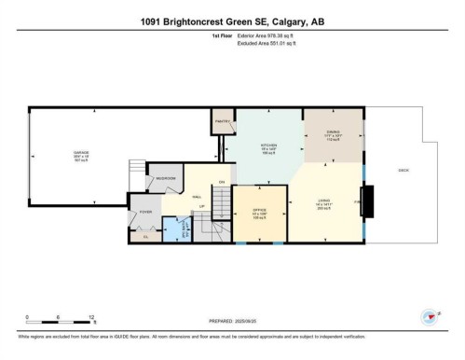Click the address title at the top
coord(232,21)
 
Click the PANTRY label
coord(223,122)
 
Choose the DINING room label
coord(333,135)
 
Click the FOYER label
coord(145,213)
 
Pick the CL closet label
coord(145,237)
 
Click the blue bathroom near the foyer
coord(174,230)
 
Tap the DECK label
coord(403,171)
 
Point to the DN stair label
coord(222,181)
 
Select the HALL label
coord(198,197)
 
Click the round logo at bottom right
coord(431,315)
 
